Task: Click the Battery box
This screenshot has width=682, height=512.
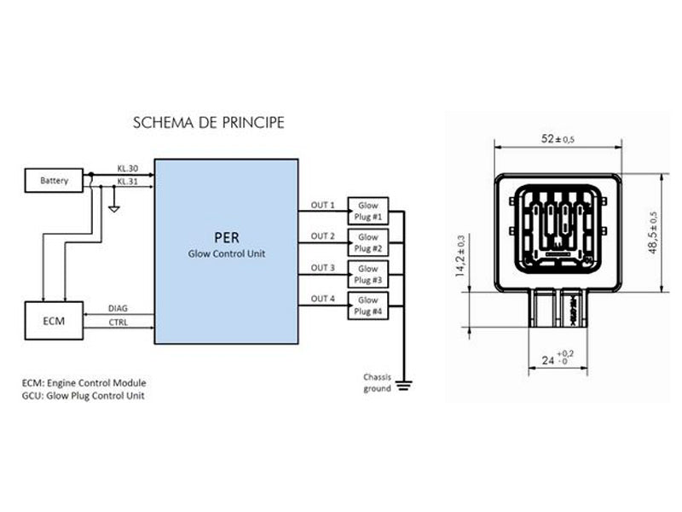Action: point(54,180)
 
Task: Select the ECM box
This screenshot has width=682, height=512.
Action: point(54,321)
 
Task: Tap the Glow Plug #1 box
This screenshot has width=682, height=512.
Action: point(368,211)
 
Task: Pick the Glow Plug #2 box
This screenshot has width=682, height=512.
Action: point(368,242)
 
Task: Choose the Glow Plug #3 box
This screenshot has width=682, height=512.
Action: point(368,274)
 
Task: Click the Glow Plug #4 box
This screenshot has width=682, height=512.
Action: point(368,305)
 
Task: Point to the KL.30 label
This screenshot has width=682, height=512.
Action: point(127,168)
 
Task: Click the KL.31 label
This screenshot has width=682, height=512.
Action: point(127,181)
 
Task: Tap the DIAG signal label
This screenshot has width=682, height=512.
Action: point(118,308)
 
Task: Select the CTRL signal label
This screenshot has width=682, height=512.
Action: point(118,323)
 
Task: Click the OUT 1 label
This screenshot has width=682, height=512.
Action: point(323,205)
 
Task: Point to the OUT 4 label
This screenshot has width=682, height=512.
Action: point(323,299)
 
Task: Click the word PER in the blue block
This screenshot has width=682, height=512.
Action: point(227,238)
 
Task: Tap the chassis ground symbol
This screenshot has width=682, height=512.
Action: point(404,385)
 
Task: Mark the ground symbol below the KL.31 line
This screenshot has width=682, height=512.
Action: point(114,208)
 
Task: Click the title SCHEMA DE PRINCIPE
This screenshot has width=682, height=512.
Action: point(209,123)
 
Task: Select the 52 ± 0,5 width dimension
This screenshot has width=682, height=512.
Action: point(558,139)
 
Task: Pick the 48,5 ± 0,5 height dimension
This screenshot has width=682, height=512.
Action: point(653,232)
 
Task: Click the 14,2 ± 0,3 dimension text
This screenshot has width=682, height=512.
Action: point(459,256)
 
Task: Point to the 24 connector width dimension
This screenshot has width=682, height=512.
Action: point(558,358)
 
